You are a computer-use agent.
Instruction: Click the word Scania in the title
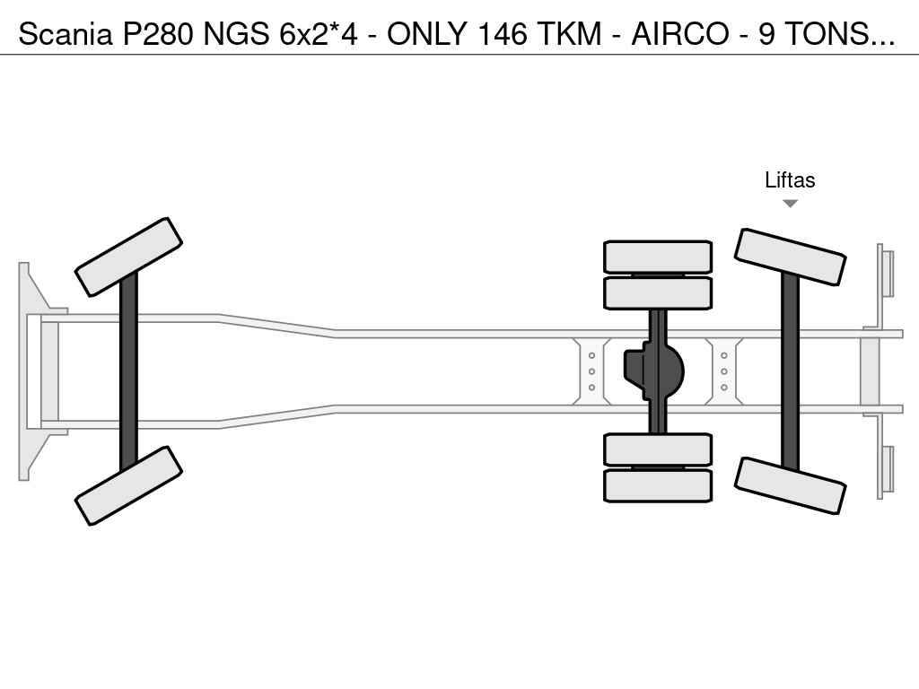coord(65,34)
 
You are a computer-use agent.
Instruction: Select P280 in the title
coord(157,34)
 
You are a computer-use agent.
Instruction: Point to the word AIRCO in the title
coord(680,34)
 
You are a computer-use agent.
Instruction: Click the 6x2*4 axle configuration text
coord(319,34)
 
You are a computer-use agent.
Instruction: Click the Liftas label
coord(790,179)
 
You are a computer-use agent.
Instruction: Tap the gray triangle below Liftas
coord(790,204)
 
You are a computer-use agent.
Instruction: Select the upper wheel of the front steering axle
coord(128,257)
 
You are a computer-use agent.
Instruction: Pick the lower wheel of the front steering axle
coord(128,485)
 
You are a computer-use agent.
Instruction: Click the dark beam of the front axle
coord(128,371)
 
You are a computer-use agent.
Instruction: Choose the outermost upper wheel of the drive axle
coord(658,257)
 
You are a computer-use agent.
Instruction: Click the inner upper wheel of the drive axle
coord(658,293)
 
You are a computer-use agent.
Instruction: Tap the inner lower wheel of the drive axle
coord(658,449)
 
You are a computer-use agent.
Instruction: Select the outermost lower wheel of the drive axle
coord(658,485)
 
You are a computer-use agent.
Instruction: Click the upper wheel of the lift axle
coord(790,257)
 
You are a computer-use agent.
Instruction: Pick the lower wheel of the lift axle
coord(790,485)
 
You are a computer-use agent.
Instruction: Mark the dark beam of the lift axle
coord(790,371)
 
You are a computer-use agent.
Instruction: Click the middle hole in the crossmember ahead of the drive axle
coord(591,371)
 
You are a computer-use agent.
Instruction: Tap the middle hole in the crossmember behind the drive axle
coord(724,371)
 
